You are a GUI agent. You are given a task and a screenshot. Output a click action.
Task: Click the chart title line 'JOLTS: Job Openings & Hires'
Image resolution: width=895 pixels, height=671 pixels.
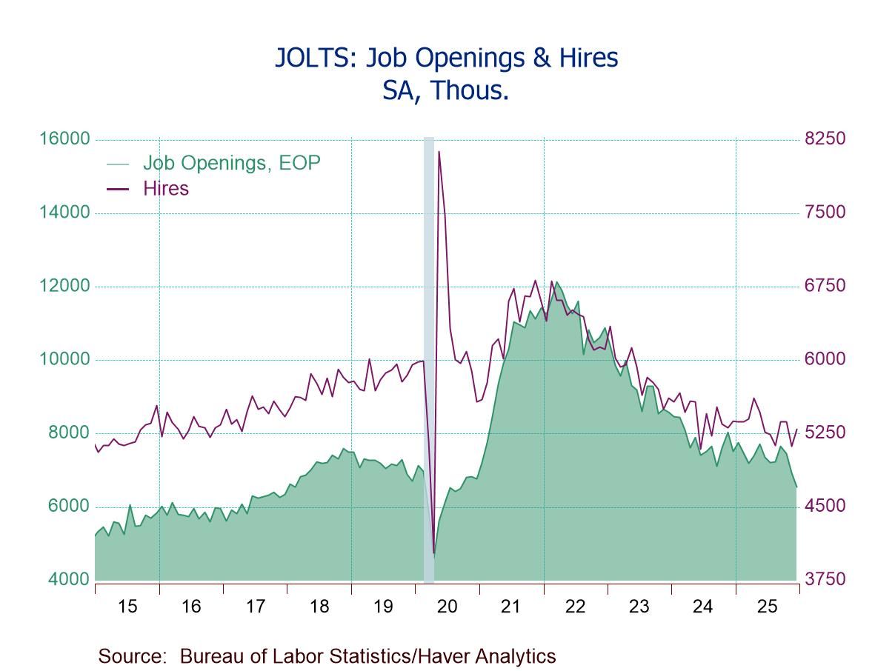tap(446, 58)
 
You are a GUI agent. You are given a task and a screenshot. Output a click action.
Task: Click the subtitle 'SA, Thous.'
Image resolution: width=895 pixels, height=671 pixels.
tap(446, 90)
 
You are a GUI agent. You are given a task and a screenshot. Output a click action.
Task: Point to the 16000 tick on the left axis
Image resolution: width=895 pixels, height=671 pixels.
tap(69, 139)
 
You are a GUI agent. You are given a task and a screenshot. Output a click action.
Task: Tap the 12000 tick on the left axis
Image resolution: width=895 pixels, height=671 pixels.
tap(69, 287)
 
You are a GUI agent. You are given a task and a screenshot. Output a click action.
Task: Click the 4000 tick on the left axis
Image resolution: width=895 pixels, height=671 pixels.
tap(69, 579)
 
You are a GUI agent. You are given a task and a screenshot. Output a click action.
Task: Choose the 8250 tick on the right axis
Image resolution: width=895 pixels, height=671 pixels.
tap(825, 139)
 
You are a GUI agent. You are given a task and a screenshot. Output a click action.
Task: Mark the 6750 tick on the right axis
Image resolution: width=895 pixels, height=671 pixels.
tap(825, 287)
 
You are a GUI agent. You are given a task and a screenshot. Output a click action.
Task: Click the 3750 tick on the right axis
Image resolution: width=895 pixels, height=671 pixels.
tap(825, 579)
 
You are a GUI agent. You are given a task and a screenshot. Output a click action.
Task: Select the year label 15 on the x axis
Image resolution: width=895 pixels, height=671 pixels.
tap(127, 607)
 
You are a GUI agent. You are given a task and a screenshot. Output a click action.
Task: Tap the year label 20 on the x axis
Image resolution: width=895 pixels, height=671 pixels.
tap(447, 607)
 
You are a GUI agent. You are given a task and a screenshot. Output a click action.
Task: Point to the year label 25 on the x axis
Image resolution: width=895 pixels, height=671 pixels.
tap(767, 607)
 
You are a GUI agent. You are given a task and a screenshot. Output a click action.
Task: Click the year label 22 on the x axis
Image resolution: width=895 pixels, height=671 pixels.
tap(575, 607)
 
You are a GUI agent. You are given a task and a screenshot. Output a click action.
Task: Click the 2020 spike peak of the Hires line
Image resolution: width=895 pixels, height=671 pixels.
tap(439, 152)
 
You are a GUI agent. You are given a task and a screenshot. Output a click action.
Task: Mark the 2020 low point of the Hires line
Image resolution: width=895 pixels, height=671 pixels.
tap(433, 553)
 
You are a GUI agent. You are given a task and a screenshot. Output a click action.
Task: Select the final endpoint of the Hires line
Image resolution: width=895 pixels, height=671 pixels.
tap(796, 430)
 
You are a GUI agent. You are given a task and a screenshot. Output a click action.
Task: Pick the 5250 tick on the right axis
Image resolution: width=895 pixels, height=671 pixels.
tap(825, 433)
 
